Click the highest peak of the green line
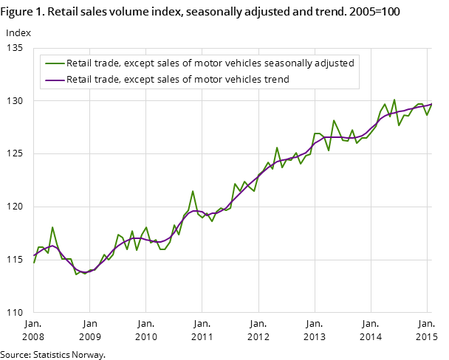click(x=394, y=99)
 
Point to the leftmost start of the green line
click(x=33, y=263)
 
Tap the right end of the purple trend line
click(x=431, y=104)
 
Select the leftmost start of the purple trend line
click(x=33, y=255)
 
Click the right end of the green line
click(x=431, y=104)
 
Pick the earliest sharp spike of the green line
click(x=52, y=227)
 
